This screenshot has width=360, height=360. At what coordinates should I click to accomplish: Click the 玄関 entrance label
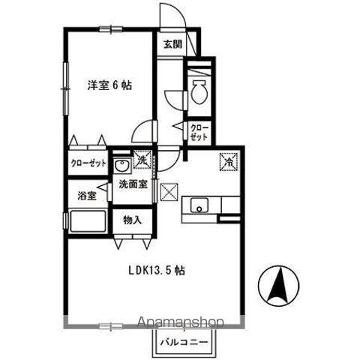pyautogui.click(x=172, y=45)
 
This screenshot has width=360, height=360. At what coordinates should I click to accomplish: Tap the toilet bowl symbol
pyautogui.click(x=199, y=91)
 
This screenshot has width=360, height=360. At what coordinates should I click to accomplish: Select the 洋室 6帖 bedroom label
pyautogui.click(x=109, y=85)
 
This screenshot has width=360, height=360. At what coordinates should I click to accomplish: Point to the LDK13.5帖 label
pyautogui.click(x=157, y=270)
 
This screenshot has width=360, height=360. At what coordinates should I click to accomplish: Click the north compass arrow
pyautogui.click(x=279, y=286)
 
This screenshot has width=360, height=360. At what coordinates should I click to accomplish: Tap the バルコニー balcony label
pyautogui.click(x=184, y=342)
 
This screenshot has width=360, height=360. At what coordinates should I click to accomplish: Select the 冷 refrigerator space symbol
pyautogui.click(x=229, y=162)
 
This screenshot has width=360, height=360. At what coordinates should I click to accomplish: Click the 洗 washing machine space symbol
pyautogui.click(x=142, y=159)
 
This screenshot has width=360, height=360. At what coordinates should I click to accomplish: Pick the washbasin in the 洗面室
pyautogui.click(x=121, y=165)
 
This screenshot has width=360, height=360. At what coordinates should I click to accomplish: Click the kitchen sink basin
pyautogui.click(x=199, y=205)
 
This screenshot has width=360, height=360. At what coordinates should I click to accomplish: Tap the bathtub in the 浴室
pyautogui.click(x=88, y=221)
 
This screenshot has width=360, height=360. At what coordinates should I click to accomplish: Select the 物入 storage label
pyautogui.click(x=132, y=220)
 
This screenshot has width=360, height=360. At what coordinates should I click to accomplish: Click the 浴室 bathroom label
pyautogui.click(x=87, y=196)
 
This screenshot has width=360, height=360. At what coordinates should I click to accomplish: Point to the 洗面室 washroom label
pyautogui.click(x=133, y=184)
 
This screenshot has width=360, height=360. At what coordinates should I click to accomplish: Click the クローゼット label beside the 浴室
pyautogui.click(x=88, y=163)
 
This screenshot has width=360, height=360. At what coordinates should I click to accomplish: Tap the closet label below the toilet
pyautogui.click(x=199, y=132)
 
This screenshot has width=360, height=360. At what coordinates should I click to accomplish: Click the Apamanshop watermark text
pyautogui.click(x=181, y=322)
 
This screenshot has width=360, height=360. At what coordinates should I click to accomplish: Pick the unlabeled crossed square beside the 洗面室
pyautogui.click(x=169, y=192)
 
